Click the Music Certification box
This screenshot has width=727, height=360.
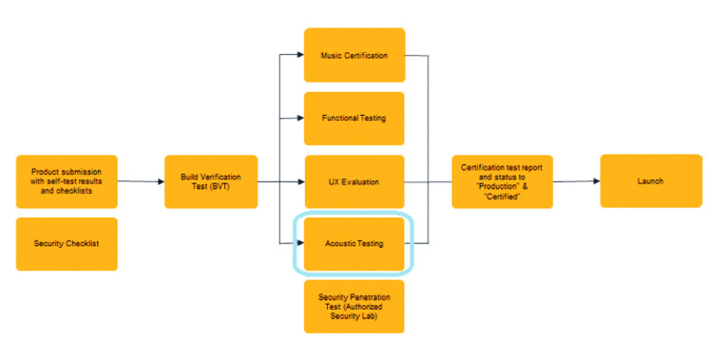354,55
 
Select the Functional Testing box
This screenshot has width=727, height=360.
354,118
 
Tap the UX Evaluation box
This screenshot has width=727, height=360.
354,181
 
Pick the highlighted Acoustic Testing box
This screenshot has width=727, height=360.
354,244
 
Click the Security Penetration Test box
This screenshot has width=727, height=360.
354,306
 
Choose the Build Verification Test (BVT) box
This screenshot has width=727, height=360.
211,181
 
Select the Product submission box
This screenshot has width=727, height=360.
67,181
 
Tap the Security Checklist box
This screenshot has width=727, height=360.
67,244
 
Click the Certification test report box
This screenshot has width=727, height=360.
500,181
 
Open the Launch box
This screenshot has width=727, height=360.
651,180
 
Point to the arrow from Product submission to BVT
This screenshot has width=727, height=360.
141,181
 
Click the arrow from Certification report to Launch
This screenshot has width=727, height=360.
574,180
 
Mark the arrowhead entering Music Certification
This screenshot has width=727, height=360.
299,55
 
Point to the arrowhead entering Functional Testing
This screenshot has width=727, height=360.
299,118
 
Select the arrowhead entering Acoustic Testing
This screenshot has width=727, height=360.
299,244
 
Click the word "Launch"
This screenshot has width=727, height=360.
651,180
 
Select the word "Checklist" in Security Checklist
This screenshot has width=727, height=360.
81,244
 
